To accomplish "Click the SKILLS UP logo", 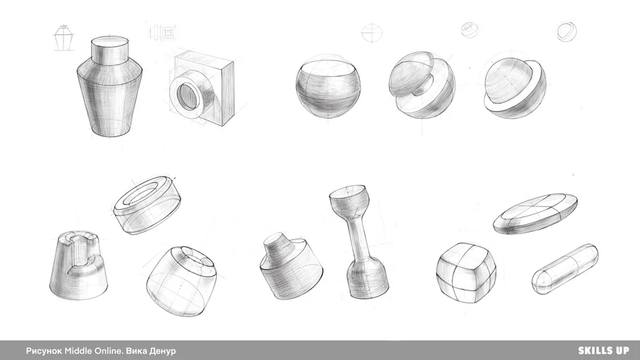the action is (604, 350).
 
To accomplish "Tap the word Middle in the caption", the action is (78, 351).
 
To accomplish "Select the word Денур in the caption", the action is (163, 351).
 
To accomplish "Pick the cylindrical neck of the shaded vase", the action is (110, 51).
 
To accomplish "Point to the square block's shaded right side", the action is (228, 94).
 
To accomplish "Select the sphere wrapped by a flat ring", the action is (515, 88).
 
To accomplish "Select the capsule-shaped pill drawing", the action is (565, 268).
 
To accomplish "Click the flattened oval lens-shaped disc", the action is (535, 214).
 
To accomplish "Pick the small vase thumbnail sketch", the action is (65, 38).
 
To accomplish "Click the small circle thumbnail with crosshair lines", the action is (372, 33).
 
